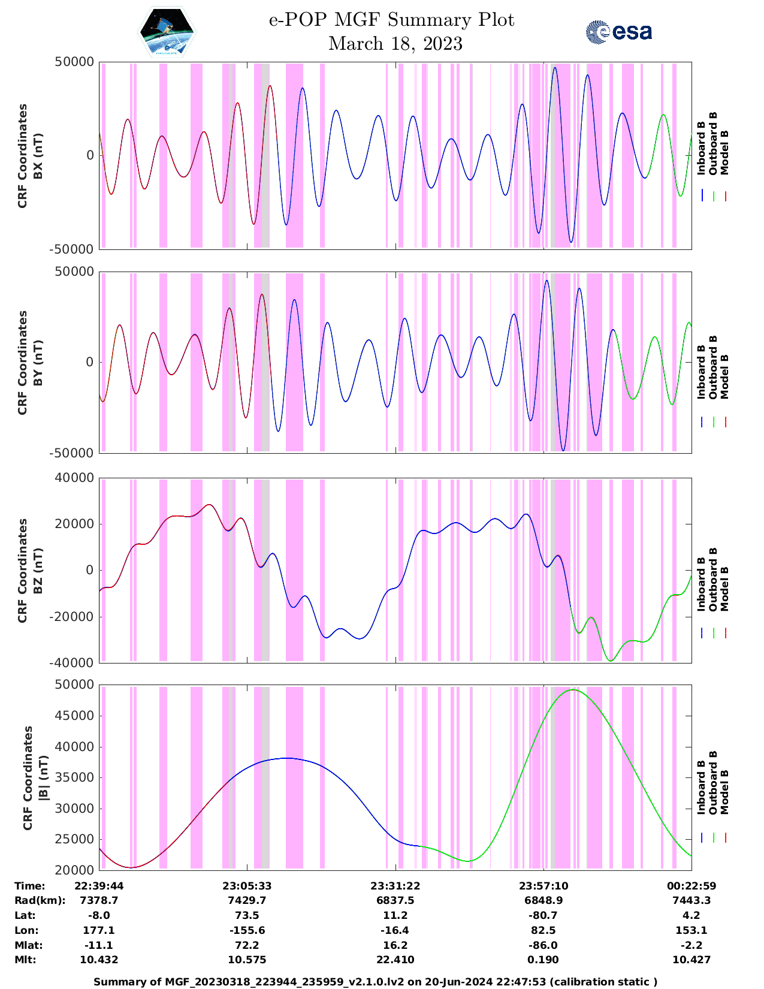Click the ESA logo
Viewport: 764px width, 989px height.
[x=618, y=32]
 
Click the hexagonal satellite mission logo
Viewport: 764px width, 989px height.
[x=167, y=32]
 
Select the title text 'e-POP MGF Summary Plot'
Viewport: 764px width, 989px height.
[x=391, y=20]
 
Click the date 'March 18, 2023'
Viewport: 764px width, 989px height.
[x=395, y=44]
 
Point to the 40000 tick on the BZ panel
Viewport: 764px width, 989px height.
[x=74, y=478]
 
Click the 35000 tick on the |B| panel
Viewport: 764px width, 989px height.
[x=74, y=777]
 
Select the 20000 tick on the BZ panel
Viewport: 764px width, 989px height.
[x=74, y=524]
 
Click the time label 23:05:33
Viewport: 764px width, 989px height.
[x=247, y=886]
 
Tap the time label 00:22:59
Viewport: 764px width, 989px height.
[x=691, y=886]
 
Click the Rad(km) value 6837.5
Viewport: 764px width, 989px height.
[x=395, y=900]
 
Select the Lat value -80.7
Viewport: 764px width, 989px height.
[x=543, y=915]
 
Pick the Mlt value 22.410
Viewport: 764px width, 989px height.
[x=395, y=960]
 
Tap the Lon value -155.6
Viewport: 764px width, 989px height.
[x=247, y=930]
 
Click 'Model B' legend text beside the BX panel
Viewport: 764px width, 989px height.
[x=724, y=152]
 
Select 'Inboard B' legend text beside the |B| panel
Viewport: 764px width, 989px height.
[x=702, y=786]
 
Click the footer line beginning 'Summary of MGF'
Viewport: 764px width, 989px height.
[x=376, y=982]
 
